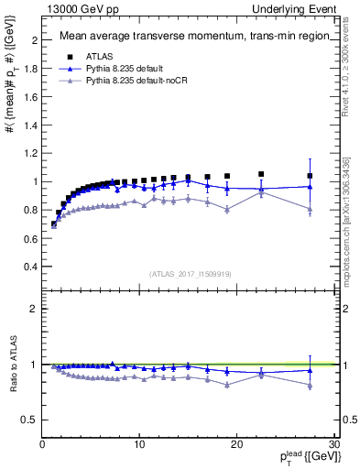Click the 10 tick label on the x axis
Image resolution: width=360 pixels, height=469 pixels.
139,444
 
